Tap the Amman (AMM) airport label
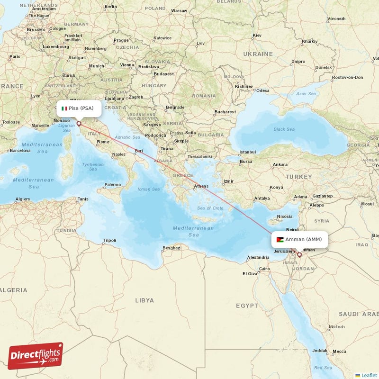click(x=299, y=239)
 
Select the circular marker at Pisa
click(x=79, y=124)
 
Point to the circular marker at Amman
click(x=299, y=254)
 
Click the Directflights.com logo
click(x=36, y=356)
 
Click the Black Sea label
click(x=283, y=129)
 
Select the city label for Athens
click(x=201, y=186)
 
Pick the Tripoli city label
click(x=109, y=240)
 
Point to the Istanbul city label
click(x=247, y=152)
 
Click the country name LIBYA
click(x=144, y=300)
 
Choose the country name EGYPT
click(x=247, y=306)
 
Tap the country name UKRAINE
click(x=258, y=54)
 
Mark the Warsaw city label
click(x=179, y=23)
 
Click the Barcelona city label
click(x=20, y=151)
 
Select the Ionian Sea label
click(x=149, y=189)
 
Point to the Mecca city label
click(x=340, y=351)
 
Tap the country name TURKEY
click(x=298, y=177)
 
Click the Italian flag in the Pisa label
click(x=64, y=108)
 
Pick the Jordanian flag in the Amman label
click(x=280, y=239)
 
